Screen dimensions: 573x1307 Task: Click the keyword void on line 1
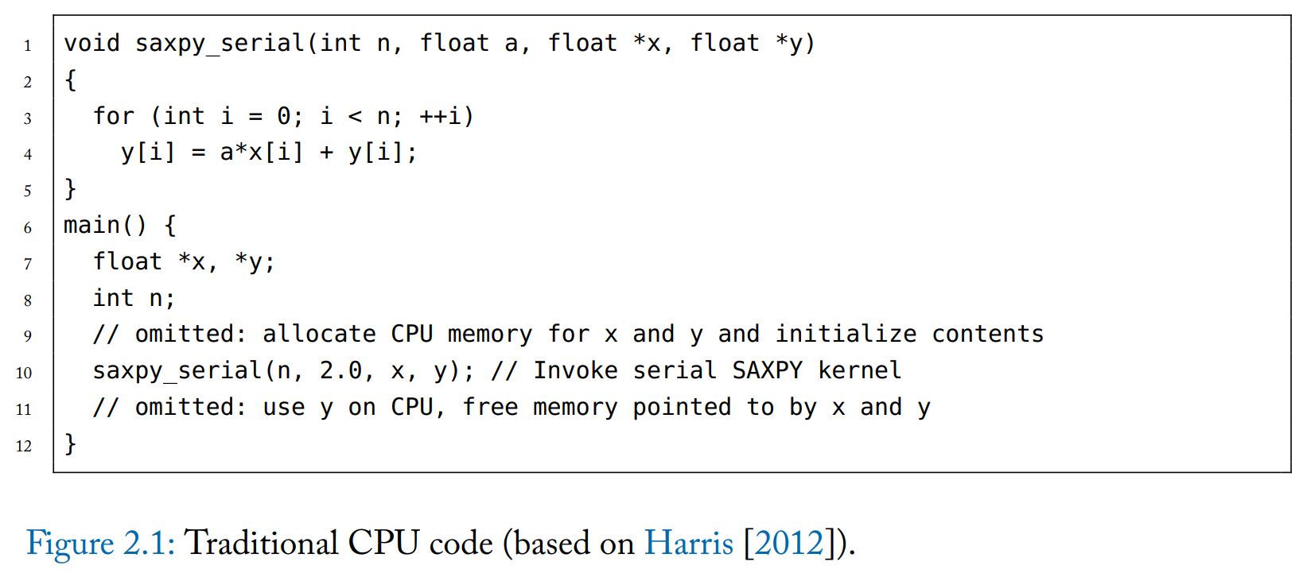pos(91,43)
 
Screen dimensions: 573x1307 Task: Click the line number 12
pos(24,446)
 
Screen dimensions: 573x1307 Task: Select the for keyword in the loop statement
pos(113,116)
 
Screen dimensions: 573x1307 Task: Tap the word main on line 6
pos(91,225)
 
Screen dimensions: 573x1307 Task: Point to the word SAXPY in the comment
pos(767,370)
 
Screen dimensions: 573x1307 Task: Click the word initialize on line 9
pos(846,334)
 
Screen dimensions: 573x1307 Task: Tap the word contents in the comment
pos(987,334)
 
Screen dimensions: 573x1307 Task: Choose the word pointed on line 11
pos(682,407)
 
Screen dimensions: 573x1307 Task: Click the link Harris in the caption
pos(688,544)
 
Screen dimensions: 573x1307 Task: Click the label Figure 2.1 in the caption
pos(99,544)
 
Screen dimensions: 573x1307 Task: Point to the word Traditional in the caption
pos(262,544)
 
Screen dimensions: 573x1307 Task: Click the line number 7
pos(28,264)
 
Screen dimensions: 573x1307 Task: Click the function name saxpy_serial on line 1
pos(220,43)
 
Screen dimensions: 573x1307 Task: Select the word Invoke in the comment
pos(575,370)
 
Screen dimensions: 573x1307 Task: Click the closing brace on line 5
pos(70,189)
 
